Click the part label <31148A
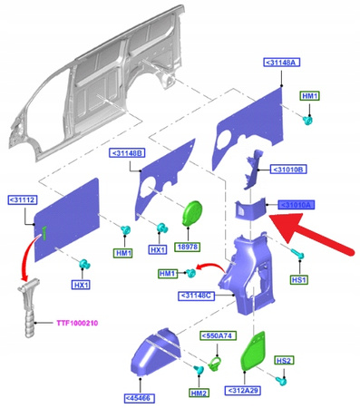pyautogui.click(x=282, y=63)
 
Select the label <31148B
pyautogui.click(x=127, y=153)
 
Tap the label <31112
pyautogui.click(x=22, y=200)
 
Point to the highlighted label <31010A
pyautogui.click(x=297, y=205)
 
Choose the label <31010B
pyautogui.click(x=288, y=170)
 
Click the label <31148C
pyautogui.click(x=196, y=296)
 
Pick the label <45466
pyautogui.click(x=140, y=398)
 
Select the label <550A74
pyautogui.click(x=219, y=335)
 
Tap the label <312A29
pyautogui.click(x=243, y=391)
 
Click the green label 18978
pyautogui.click(x=188, y=247)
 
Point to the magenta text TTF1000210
pyautogui.click(x=77, y=323)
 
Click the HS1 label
pyautogui.click(x=299, y=280)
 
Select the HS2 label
pyautogui.click(x=284, y=361)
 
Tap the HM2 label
pyautogui.click(x=199, y=393)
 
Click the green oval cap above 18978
pyautogui.click(x=192, y=214)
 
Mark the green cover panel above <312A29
pyautogui.click(x=253, y=351)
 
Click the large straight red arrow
pyautogui.click(x=311, y=233)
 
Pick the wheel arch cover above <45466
pyautogui.click(x=156, y=353)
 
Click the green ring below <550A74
pyautogui.click(x=215, y=363)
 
